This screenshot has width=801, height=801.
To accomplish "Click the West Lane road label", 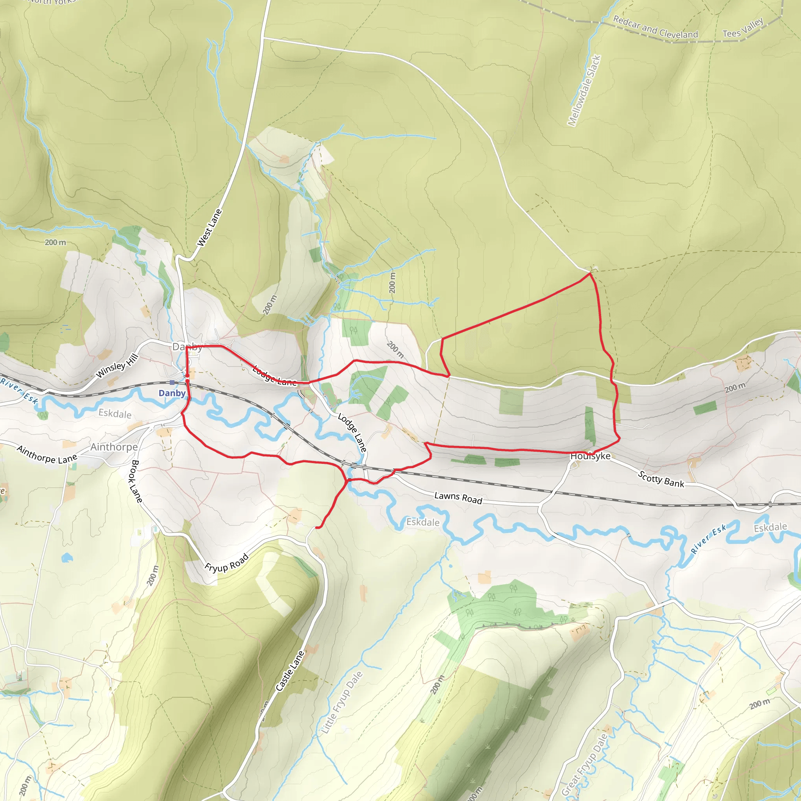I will coord(209,228).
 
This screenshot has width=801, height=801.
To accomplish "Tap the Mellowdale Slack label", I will coord(584,90).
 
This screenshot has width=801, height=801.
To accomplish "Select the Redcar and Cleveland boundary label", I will coord(655,27).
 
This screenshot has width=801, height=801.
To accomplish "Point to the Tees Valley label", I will coord(743,28).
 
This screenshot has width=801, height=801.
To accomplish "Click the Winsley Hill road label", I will coord(117,366).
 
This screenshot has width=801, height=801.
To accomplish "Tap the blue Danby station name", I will coord(172,393).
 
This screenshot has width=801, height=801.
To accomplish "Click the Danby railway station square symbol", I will coord(172,382).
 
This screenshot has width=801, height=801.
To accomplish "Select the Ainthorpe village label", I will coord(114,447).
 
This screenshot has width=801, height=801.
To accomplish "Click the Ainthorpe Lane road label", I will coord(47,455).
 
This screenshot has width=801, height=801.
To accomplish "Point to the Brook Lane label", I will coord(136,481).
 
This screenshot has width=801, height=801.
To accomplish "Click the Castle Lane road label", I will coord(290,671).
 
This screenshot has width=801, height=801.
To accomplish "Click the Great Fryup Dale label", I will coord(585,765).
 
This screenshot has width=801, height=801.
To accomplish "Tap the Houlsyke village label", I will coord(590,456).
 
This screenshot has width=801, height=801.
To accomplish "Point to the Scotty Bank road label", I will coord(661,479).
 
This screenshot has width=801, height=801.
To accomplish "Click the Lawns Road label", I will coord(458,497).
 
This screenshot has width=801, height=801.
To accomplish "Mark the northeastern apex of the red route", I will coord(590,274).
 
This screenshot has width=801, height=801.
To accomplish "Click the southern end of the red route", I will coord(317,527).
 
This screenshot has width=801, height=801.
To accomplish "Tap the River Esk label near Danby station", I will coord(20,391).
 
